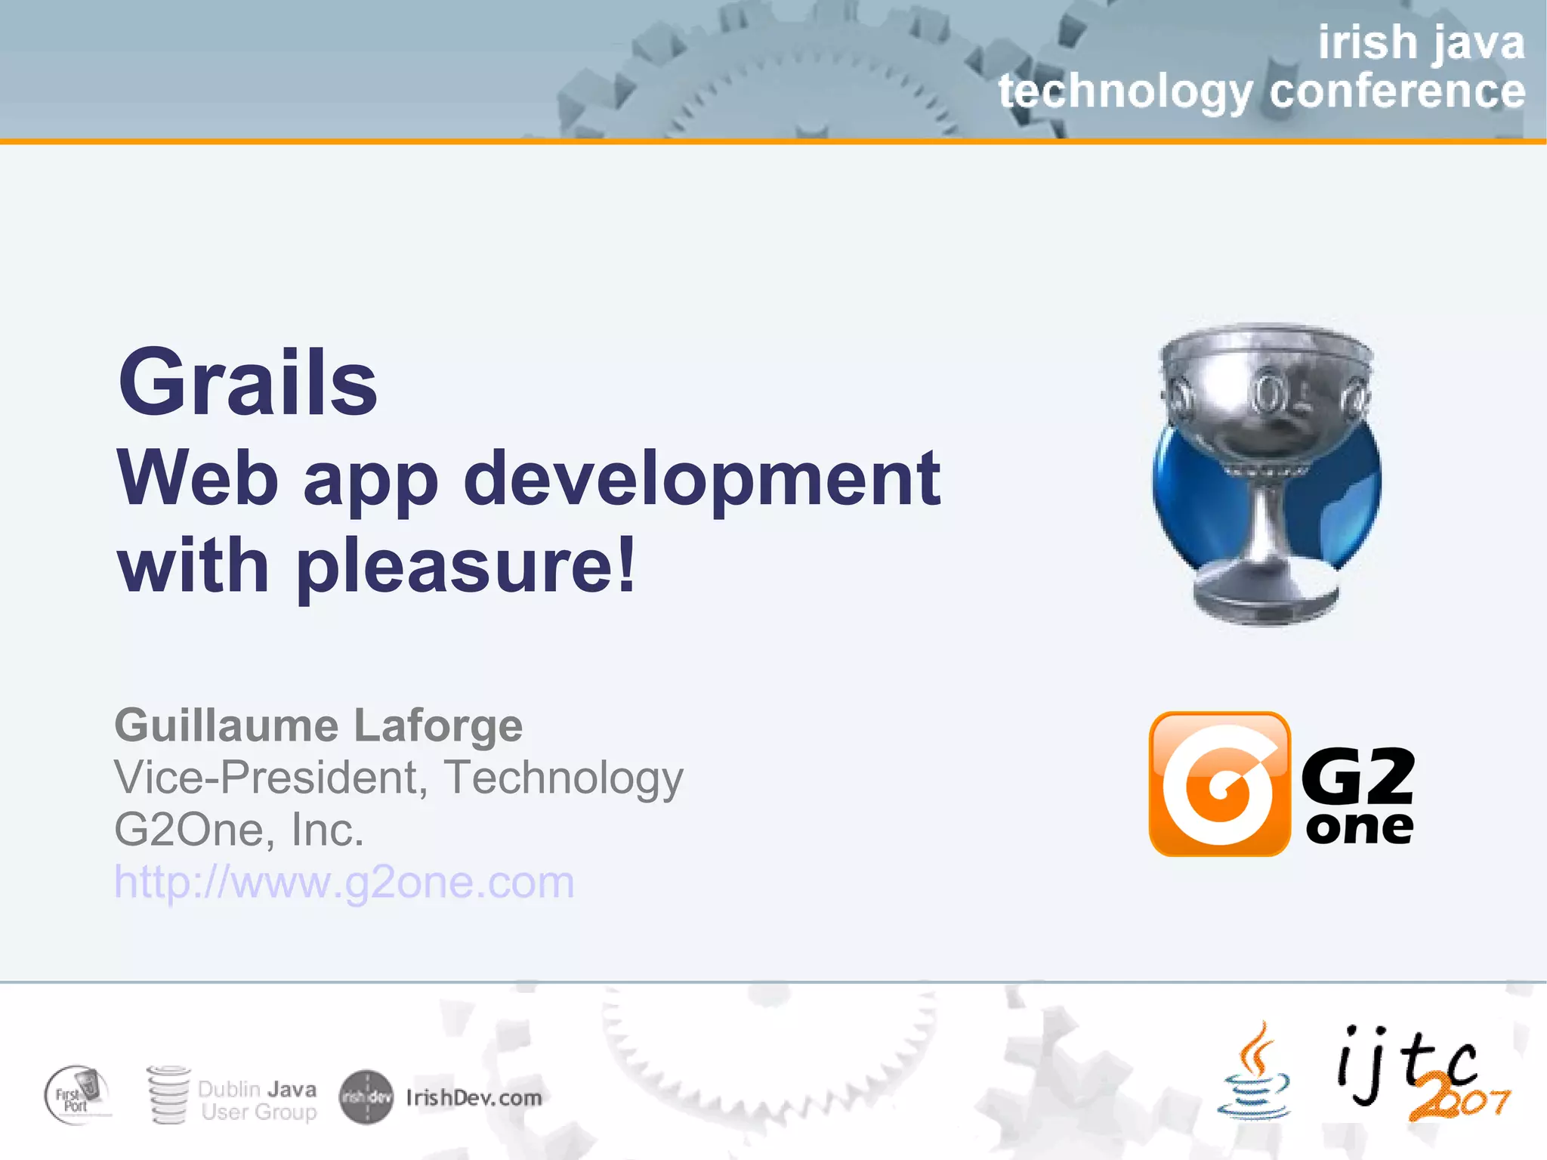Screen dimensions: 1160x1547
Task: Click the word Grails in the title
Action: [x=248, y=382]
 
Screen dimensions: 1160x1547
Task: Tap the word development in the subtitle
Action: [x=701, y=479]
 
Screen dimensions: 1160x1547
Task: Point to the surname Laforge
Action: [x=438, y=725]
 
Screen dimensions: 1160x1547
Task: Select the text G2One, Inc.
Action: [x=239, y=830]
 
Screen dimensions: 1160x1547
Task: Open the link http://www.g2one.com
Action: [x=344, y=882]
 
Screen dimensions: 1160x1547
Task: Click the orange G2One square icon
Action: [x=1219, y=784]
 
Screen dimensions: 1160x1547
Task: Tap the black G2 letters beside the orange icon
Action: [x=1357, y=776]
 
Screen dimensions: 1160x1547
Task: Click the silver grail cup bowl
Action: [x=1266, y=393]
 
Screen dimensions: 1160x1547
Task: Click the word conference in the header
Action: [x=1397, y=91]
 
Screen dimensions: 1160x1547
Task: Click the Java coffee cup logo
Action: [x=1254, y=1073]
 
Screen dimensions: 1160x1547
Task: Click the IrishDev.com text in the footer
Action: [x=474, y=1097]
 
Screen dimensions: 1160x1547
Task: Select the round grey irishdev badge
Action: [x=366, y=1097]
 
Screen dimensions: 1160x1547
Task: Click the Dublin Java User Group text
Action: [x=257, y=1100]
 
